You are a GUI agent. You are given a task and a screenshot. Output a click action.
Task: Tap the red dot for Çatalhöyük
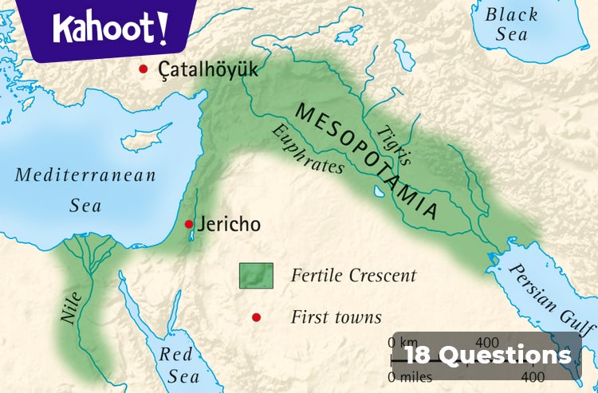pyautogui.click(x=144, y=69)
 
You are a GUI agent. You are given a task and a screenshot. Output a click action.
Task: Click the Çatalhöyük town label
pyautogui.click(x=208, y=70)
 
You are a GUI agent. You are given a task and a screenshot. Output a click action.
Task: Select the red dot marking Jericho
pyautogui.click(x=189, y=225)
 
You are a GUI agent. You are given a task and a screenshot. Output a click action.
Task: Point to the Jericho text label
pyautogui.click(x=228, y=225)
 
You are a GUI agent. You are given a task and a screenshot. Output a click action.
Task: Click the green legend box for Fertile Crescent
pyautogui.click(x=257, y=276)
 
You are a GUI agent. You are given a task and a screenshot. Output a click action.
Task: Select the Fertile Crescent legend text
pyautogui.click(x=353, y=276)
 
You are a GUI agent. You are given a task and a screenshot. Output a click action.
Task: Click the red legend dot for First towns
pyautogui.click(x=256, y=317)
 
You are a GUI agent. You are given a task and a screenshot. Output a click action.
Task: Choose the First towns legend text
pyautogui.click(x=336, y=317)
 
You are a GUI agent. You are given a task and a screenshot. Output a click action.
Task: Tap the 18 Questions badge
pyautogui.click(x=487, y=356)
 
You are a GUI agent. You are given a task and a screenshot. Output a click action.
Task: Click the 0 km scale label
pyautogui.click(x=402, y=342)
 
